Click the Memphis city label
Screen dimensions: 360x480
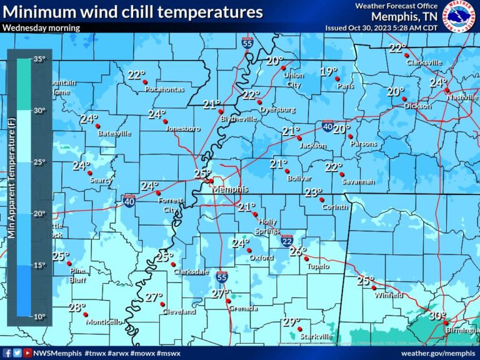tap(230, 189)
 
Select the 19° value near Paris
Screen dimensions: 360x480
tap(329, 71)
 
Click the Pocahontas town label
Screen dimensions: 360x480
tap(164, 89)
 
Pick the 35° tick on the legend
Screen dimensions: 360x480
tap(39, 59)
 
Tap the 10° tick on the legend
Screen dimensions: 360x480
tap(39, 316)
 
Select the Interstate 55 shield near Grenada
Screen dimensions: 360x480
tap(222, 277)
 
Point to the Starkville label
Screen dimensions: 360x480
tap(316, 336)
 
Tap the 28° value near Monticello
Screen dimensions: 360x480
tap(76, 307)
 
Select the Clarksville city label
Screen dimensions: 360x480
tap(424, 62)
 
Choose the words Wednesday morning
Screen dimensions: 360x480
tap(41, 27)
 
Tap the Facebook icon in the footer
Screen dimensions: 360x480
tap(7, 353)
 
